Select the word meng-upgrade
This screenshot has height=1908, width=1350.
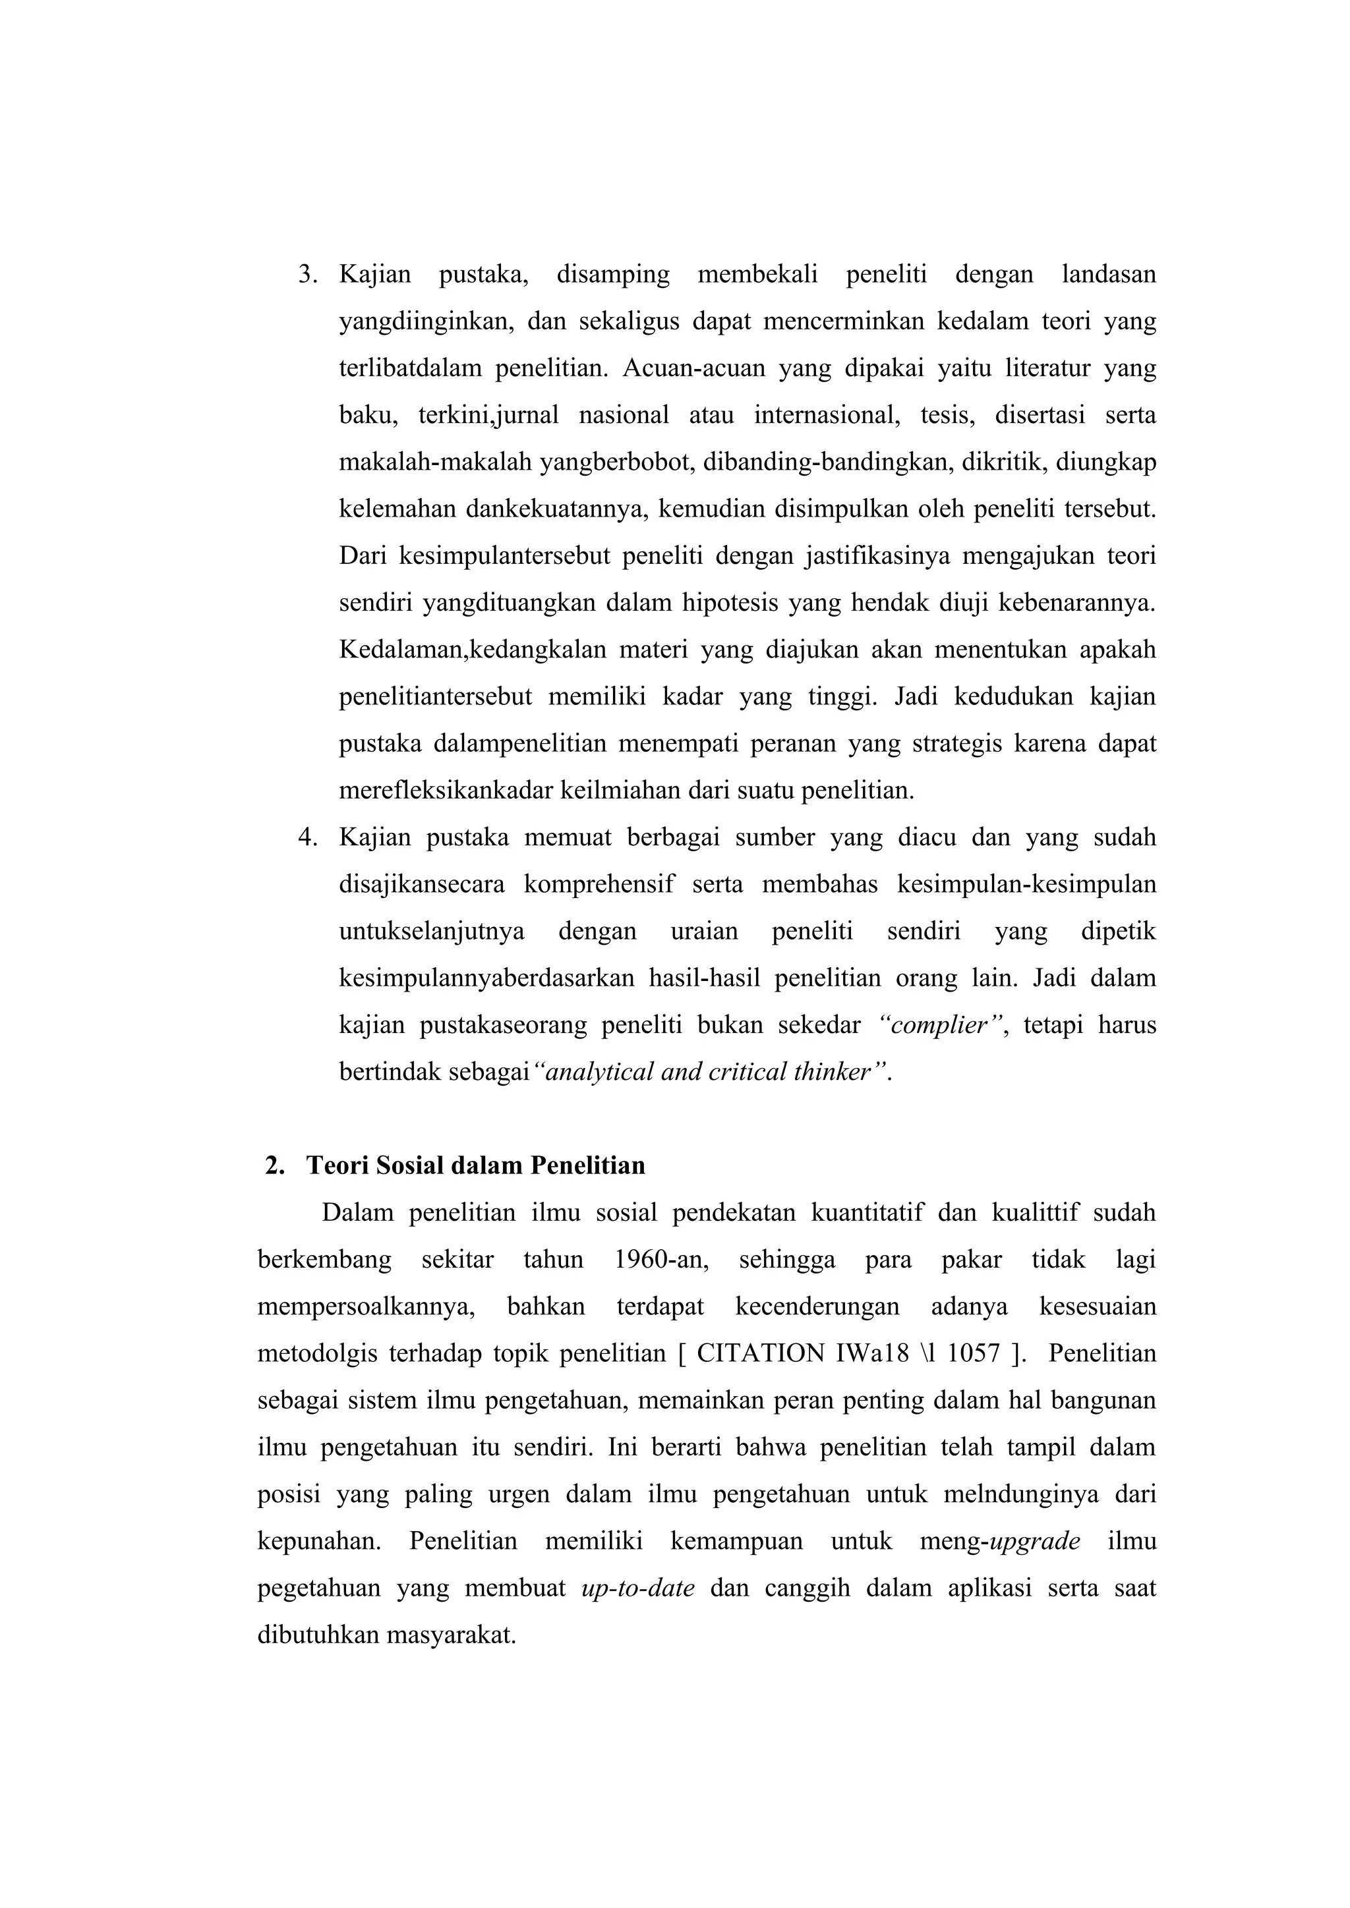tap(999, 1540)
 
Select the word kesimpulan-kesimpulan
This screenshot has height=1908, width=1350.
tap(1026, 884)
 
